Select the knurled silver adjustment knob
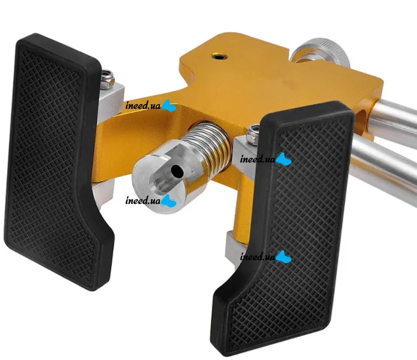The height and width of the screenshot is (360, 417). [x=321, y=52]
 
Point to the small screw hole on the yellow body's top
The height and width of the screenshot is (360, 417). [x=219, y=57]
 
